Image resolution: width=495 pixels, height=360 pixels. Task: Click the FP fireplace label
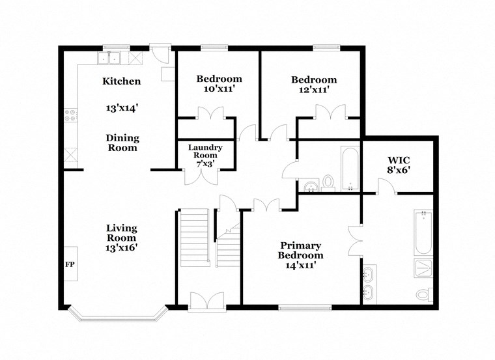coord(69,265)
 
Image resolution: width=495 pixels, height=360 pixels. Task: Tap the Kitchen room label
coord(121,81)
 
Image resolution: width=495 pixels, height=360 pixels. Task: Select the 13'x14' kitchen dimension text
coord(121,109)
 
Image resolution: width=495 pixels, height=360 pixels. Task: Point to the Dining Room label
coord(122,142)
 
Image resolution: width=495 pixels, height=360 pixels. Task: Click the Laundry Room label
coord(205,152)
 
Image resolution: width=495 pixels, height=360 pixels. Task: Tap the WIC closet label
coord(398,159)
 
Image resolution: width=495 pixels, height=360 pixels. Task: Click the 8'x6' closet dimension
coord(398,171)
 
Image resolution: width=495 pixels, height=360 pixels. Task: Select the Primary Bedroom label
coord(300,250)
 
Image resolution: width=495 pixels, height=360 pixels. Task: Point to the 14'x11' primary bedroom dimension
coord(300,265)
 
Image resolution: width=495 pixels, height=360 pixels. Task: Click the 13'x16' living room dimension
coord(122,247)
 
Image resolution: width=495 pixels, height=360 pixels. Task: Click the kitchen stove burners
coord(70,117)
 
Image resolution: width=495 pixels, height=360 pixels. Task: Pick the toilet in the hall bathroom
coord(328,181)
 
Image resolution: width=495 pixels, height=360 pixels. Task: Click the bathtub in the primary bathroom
coord(423,232)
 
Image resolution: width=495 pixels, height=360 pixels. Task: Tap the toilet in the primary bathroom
coord(423,295)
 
